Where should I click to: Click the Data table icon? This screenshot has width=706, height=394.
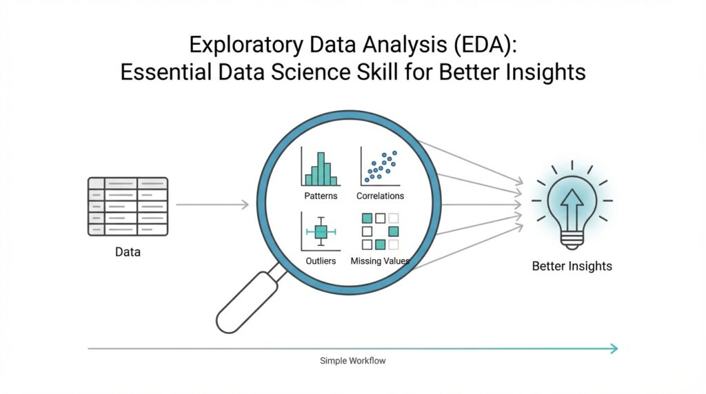point(128,205)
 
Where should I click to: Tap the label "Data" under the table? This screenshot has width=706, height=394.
point(128,252)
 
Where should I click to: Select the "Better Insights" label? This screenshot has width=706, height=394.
point(572,266)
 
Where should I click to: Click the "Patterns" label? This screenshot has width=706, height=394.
point(321,196)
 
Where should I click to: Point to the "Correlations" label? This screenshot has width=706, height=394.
point(380,196)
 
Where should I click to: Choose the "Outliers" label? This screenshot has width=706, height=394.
point(321,261)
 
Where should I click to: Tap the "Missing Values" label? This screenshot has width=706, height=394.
point(380,261)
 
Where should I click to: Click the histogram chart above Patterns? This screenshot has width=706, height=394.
point(321,167)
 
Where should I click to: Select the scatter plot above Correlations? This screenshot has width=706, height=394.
point(380,166)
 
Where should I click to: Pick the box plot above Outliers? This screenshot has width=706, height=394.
point(320,232)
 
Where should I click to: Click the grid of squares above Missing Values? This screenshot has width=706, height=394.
point(380,231)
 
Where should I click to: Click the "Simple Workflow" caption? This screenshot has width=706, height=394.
point(353,360)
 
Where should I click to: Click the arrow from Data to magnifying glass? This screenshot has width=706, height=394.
point(212,205)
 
